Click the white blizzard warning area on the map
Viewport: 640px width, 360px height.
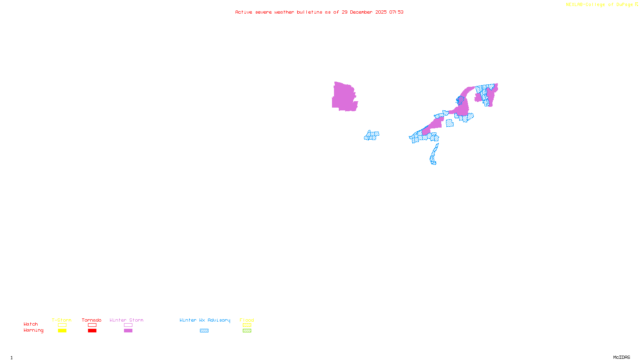point(359,96)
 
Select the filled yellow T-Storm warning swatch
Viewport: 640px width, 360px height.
point(62,331)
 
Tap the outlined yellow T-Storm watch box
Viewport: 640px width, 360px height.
point(62,325)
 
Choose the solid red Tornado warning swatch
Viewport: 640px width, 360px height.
point(92,331)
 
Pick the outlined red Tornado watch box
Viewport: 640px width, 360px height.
point(92,325)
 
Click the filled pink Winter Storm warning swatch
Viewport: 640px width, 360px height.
point(128,331)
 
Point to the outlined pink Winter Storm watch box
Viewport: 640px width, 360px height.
point(128,325)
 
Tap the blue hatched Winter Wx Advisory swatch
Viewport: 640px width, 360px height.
point(204,331)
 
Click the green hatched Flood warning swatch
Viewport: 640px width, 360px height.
point(247,331)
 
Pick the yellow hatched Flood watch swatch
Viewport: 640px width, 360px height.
point(247,325)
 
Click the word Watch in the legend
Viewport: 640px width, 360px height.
point(31,324)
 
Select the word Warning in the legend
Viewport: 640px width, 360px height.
point(33,330)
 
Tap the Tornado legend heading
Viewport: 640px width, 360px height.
point(92,320)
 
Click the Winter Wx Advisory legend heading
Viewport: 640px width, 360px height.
point(205,320)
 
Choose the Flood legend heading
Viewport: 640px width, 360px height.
point(247,320)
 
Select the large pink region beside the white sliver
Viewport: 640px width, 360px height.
point(343,97)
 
